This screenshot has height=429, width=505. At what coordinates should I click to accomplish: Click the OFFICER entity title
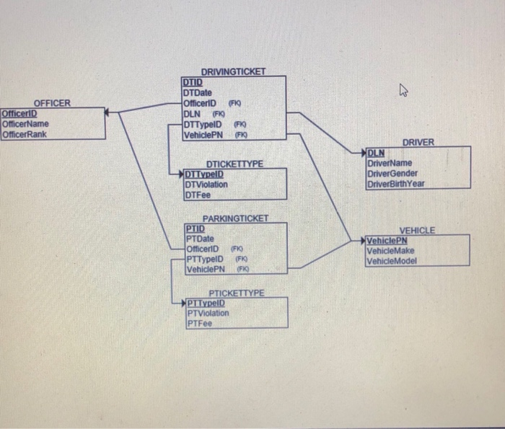click(53, 103)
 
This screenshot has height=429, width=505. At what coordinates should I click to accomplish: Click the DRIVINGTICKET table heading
click(233, 72)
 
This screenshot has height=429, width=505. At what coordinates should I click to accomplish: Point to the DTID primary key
click(193, 83)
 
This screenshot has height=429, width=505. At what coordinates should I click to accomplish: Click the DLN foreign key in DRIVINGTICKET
click(193, 113)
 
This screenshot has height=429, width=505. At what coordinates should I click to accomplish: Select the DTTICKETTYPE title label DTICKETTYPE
click(234, 164)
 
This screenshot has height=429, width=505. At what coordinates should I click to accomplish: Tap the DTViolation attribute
click(206, 184)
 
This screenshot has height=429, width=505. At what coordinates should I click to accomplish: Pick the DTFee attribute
click(197, 194)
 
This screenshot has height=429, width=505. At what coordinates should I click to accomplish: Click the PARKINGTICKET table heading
click(235, 218)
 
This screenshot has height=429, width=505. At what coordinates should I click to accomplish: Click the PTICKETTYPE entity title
click(236, 293)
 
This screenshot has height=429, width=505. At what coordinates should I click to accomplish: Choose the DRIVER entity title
click(418, 143)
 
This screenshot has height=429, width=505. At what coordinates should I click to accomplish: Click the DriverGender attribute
click(392, 173)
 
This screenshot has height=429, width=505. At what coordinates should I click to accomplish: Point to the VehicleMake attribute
click(390, 251)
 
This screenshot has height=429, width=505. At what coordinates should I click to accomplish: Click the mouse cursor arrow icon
click(405, 90)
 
